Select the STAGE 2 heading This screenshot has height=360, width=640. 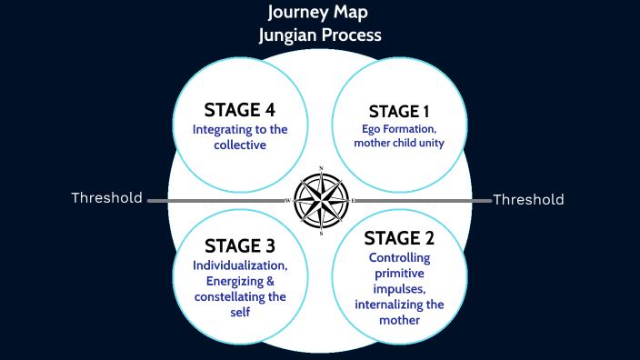[399, 238]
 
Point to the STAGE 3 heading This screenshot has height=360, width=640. [240, 245]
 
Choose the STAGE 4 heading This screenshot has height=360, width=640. [240, 109]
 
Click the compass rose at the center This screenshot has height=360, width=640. [321, 200]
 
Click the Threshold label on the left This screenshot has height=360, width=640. [107, 198]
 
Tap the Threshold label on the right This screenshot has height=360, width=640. [528, 199]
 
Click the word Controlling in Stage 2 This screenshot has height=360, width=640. [399, 257]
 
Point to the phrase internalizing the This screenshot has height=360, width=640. [399, 305]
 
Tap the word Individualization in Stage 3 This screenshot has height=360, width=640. [240, 265]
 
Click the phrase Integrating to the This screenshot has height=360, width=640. [240, 129]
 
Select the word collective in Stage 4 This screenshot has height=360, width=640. [240, 144]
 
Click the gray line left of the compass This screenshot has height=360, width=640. [218, 200]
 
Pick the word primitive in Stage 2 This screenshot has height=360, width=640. [399, 273]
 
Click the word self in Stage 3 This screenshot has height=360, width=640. [240, 312]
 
